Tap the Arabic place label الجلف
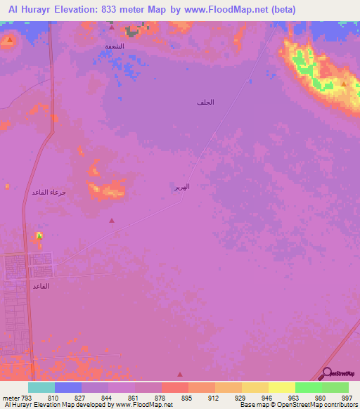point(205,103)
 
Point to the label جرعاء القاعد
point(49,192)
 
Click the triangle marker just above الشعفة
point(111,28)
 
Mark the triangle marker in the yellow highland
point(343,84)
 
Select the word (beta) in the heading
point(281,10)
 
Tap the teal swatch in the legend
point(41,387)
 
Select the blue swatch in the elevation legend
point(68,387)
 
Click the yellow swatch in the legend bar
point(282,387)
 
